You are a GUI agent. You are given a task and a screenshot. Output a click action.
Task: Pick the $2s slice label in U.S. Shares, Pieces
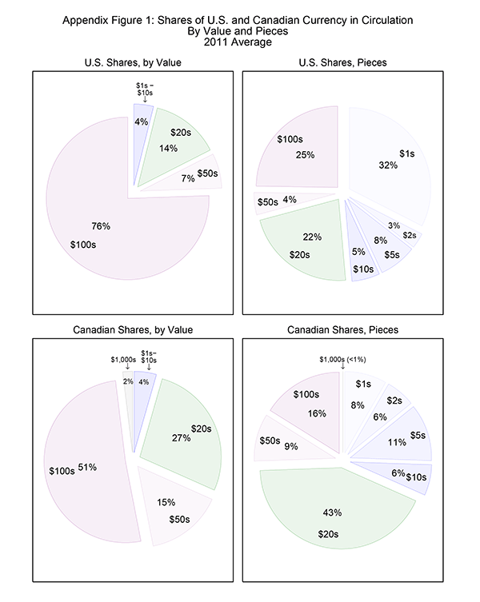pos(408,235)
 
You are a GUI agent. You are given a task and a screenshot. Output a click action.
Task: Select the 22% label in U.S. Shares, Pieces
pos(290,237)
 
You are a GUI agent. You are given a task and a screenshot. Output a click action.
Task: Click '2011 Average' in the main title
pos(240,42)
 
